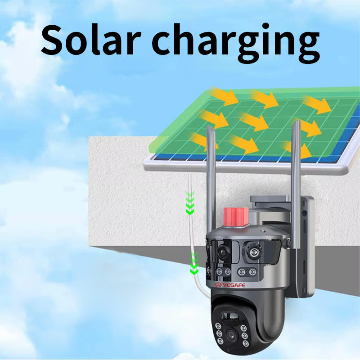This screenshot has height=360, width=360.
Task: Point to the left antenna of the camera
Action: (x=208, y=180)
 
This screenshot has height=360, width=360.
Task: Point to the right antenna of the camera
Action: (x=296, y=175)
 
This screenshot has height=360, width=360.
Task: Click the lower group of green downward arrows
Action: (x=194, y=263)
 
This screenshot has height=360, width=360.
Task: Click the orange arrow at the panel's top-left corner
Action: (x=224, y=96)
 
